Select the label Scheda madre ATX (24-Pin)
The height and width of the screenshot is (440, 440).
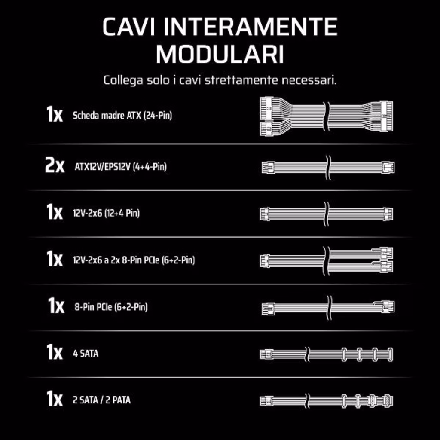pos(122,115)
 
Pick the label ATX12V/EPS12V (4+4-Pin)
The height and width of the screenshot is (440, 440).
pos(121,167)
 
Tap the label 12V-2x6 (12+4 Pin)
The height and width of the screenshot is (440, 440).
pos(106,213)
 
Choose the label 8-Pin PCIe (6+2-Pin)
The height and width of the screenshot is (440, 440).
pos(111,307)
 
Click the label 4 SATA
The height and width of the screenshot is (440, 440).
pos(86,354)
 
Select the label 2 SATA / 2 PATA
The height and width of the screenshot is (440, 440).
pos(101,400)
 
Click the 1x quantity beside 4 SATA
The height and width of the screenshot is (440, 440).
pos(55,352)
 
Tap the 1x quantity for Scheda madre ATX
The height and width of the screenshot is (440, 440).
pos(55,114)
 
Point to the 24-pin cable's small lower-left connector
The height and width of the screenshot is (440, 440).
pos(266,129)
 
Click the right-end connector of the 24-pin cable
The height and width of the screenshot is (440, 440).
pos(387,116)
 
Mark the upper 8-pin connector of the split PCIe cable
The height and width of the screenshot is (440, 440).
pos(386,254)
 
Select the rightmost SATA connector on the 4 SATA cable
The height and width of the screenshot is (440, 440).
pos(390,354)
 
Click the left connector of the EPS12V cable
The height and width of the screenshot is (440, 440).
pos(268,168)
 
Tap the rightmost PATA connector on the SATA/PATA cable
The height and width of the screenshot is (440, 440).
pos(388,401)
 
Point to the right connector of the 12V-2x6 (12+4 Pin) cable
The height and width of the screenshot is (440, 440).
pos(388,214)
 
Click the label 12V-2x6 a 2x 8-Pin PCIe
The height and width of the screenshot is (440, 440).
pos(134,260)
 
